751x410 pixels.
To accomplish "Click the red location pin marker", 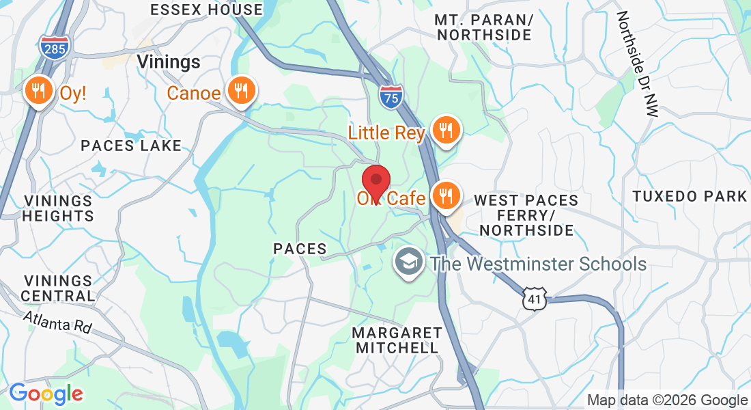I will tap(375, 181).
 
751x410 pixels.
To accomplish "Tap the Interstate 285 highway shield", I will tap(54, 47).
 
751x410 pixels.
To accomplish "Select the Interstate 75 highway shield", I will tap(391, 96).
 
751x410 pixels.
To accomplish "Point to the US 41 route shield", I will tap(534, 297).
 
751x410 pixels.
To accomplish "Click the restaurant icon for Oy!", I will tap(39, 91).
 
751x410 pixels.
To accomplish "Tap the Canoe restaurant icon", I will tap(240, 91).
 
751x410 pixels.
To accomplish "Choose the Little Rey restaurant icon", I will tap(446, 130).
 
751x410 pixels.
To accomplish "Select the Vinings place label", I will tap(169, 62).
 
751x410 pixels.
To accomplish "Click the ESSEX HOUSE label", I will tap(206, 10).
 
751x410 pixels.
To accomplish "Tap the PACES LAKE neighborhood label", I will tap(131, 146).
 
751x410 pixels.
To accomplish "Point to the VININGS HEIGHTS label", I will tap(59, 208).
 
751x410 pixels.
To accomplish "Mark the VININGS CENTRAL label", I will tap(59, 288).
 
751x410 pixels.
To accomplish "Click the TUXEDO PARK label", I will tap(690, 197).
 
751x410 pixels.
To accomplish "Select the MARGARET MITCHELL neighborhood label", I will tap(396, 340).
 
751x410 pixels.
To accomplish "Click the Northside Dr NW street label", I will tap(637, 64).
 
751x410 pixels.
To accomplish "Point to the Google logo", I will tap(46, 394).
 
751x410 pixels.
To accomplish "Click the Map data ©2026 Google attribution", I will tap(668, 400).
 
